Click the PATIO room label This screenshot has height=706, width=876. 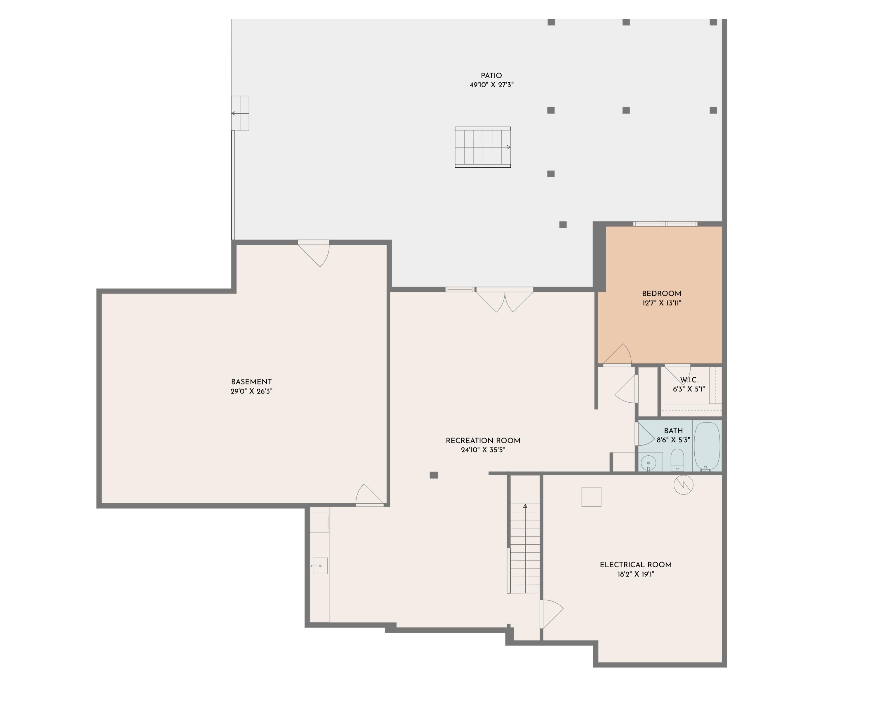tap(491, 76)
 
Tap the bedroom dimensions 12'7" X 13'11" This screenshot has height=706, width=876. tap(661, 303)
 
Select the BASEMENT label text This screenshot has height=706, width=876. tap(251, 382)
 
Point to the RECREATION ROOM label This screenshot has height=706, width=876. tap(483, 440)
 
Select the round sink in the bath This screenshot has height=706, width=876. tap(648, 463)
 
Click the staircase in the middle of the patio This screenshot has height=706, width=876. tap(482, 147)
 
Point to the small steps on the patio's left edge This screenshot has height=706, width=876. tap(240, 113)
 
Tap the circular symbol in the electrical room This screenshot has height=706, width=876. tap(683, 485)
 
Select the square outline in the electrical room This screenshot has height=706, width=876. tap(591, 497)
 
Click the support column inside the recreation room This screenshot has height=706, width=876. tap(434, 475)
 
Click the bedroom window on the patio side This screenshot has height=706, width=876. tap(665, 224)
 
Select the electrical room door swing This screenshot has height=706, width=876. tap(552, 614)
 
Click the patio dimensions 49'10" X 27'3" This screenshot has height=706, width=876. tap(491, 85)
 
